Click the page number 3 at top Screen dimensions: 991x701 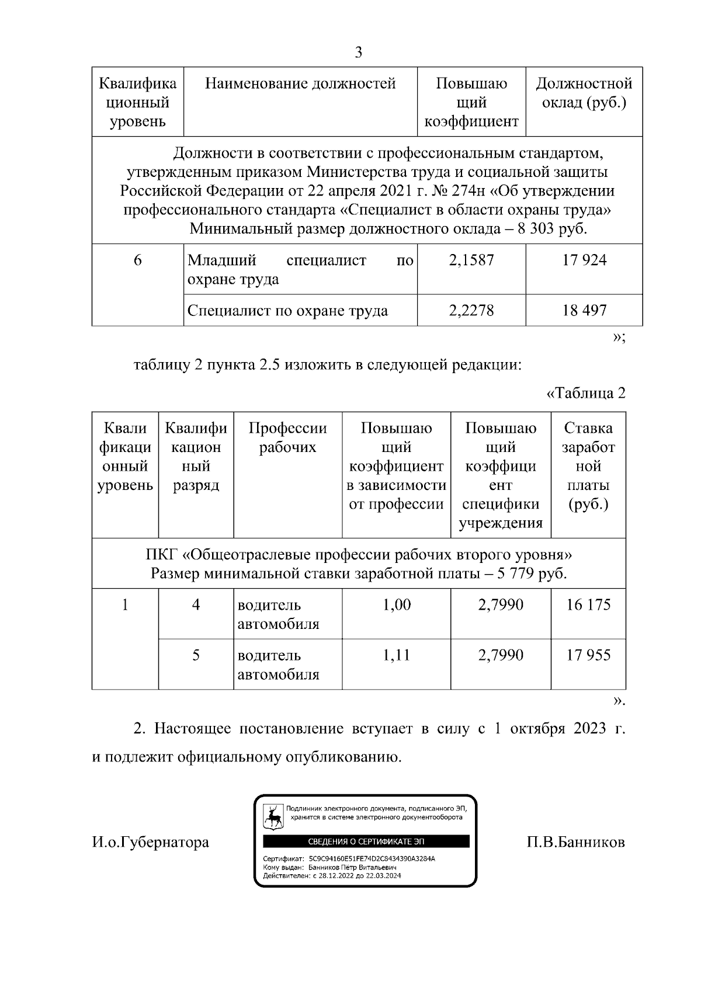(x=358, y=53)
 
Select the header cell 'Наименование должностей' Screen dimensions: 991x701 (x=300, y=84)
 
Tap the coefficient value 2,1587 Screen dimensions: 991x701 (x=471, y=260)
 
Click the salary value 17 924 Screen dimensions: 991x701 (x=584, y=260)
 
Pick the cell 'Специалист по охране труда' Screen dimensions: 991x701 (x=287, y=310)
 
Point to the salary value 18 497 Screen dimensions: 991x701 (x=584, y=310)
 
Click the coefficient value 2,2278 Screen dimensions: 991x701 (x=471, y=310)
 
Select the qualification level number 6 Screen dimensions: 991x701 (x=138, y=260)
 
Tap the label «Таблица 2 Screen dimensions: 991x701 (x=586, y=393)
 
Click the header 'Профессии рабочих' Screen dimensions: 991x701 (x=287, y=438)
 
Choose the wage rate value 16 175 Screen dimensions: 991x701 (x=588, y=604)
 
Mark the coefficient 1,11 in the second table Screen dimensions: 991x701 (x=396, y=655)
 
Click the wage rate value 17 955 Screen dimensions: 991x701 (x=588, y=655)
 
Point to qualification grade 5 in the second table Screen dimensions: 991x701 (x=196, y=655)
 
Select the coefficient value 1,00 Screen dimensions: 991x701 (x=396, y=604)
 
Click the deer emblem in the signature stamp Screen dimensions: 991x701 (x=273, y=818)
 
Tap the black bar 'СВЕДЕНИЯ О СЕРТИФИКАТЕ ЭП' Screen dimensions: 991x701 (x=366, y=841)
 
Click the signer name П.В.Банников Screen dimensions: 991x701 (x=575, y=842)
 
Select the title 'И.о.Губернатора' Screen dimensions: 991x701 (x=150, y=842)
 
